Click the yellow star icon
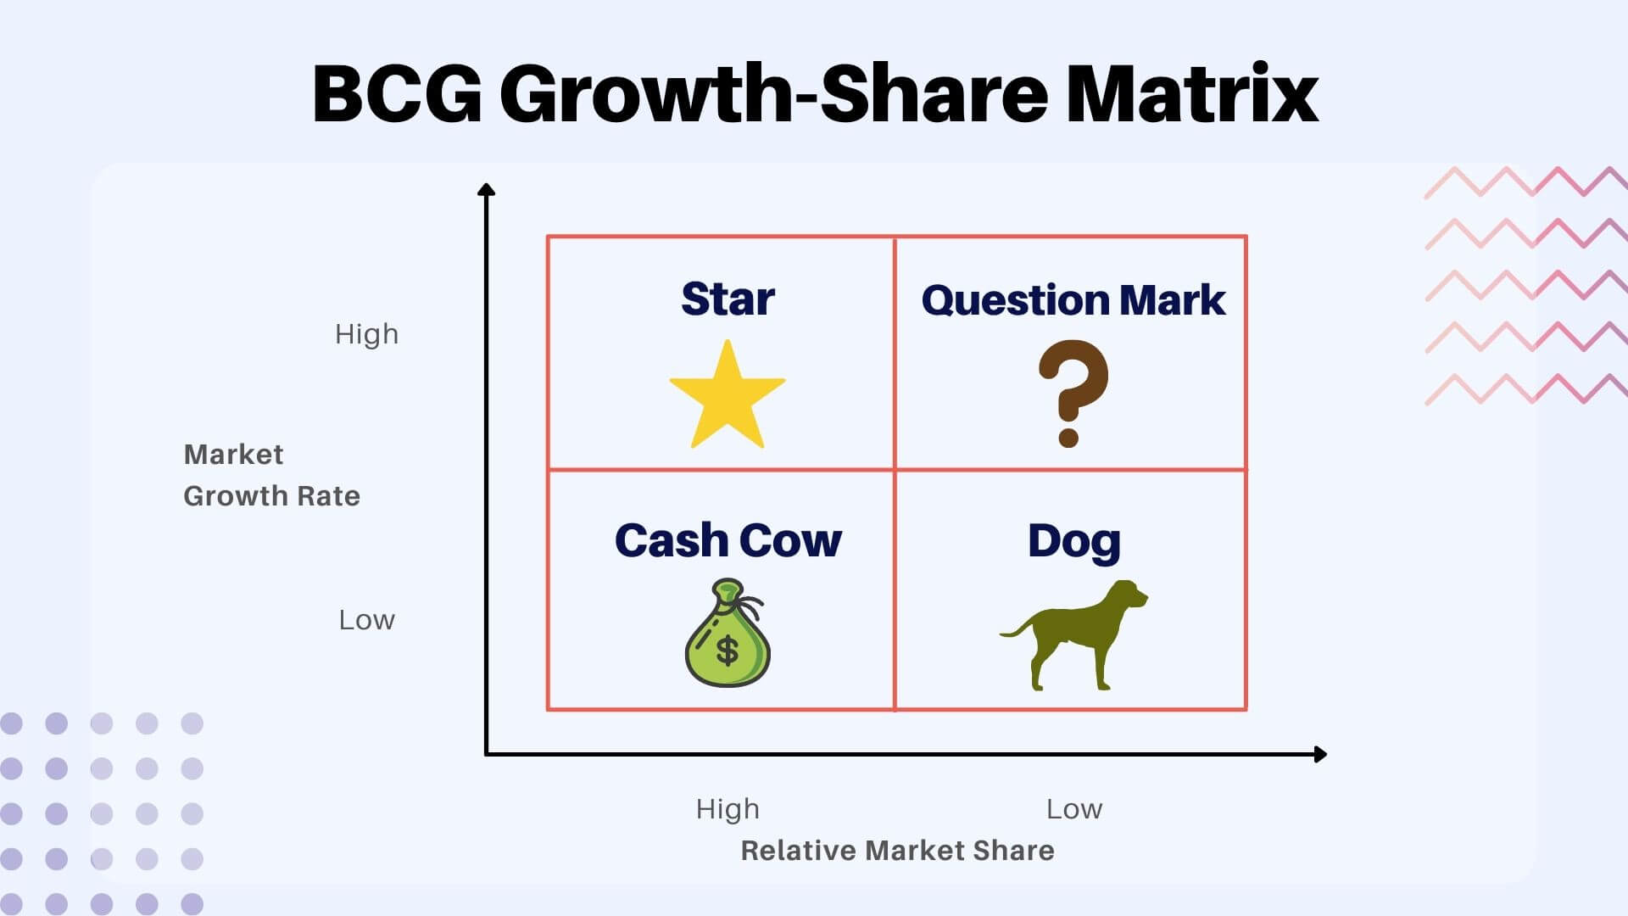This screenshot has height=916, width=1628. pyautogui.click(x=728, y=397)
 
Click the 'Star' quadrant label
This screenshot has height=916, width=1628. pyautogui.click(x=728, y=299)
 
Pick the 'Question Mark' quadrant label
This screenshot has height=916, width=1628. pyautogui.click(x=1073, y=300)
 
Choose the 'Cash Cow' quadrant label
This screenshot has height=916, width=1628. pyautogui.click(x=728, y=540)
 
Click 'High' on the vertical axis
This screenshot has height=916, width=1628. pyautogui.click(x=366, y=334)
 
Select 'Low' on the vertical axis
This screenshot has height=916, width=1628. pyautogui.click(x=366, y=620)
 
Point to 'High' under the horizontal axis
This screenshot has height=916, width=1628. pyautogui.click(x=728, y=809)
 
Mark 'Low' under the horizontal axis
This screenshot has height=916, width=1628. pyautogui.click(x=1074, y=809)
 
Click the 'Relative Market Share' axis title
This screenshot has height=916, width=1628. pyautogui.click(x=897, y=851)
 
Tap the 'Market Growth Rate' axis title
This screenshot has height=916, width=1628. pyautogui.click(x=271, y=475)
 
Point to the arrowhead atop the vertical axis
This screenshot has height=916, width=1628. pyautogui.click(x=486, y=190)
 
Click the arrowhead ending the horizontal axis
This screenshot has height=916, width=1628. pyautogui.click(x=1319, y=754)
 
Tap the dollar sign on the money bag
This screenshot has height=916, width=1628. pyautogui.click(x=728, y=651)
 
